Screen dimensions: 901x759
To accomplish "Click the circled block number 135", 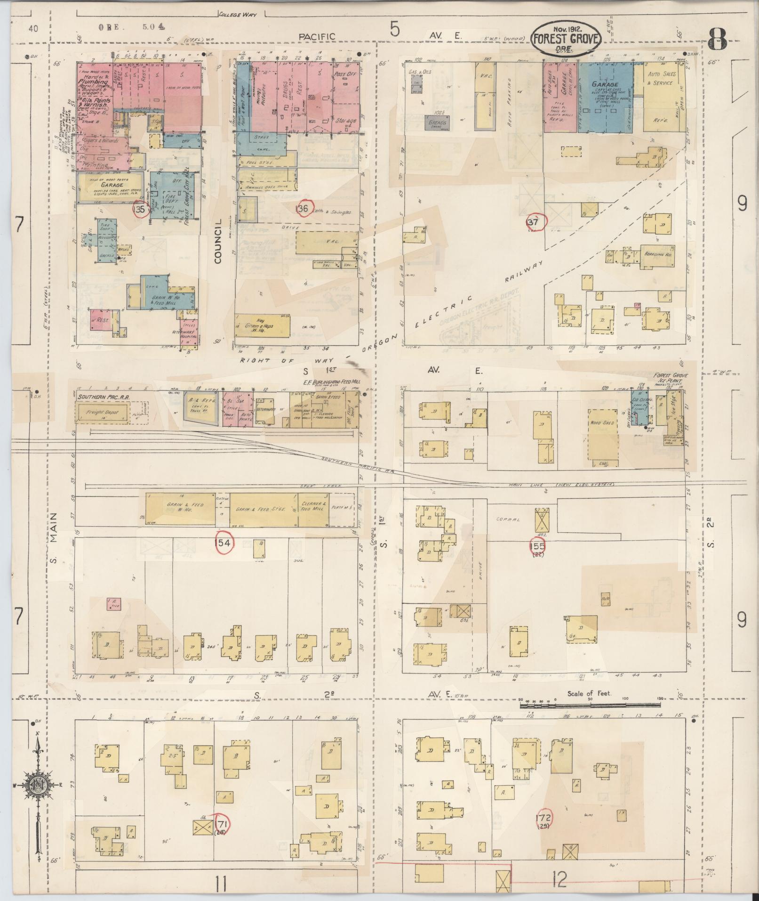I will [140, 210].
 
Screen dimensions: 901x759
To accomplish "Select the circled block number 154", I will [223, 543].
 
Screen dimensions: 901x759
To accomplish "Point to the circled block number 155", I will [537, 546].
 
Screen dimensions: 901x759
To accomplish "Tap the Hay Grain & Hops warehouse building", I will [262, 325].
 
